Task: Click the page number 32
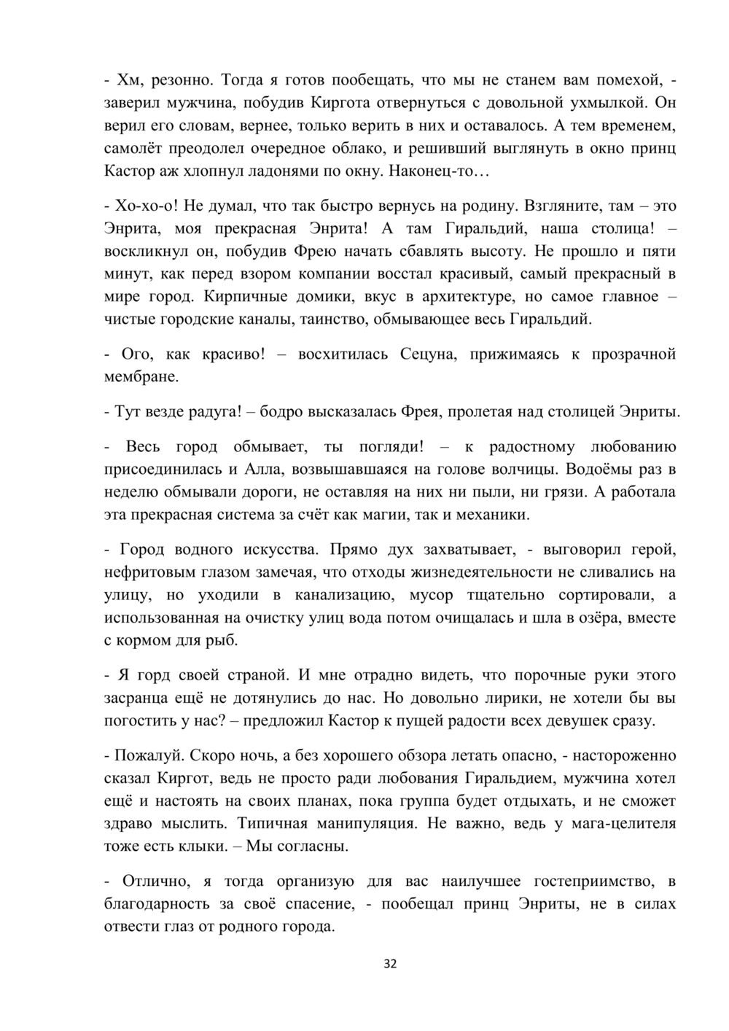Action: [x=390, y=964]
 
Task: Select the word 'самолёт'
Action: [x=134, y=149]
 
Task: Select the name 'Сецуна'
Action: [x=427, y=354]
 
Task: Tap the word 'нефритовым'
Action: [x=146, y=572]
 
